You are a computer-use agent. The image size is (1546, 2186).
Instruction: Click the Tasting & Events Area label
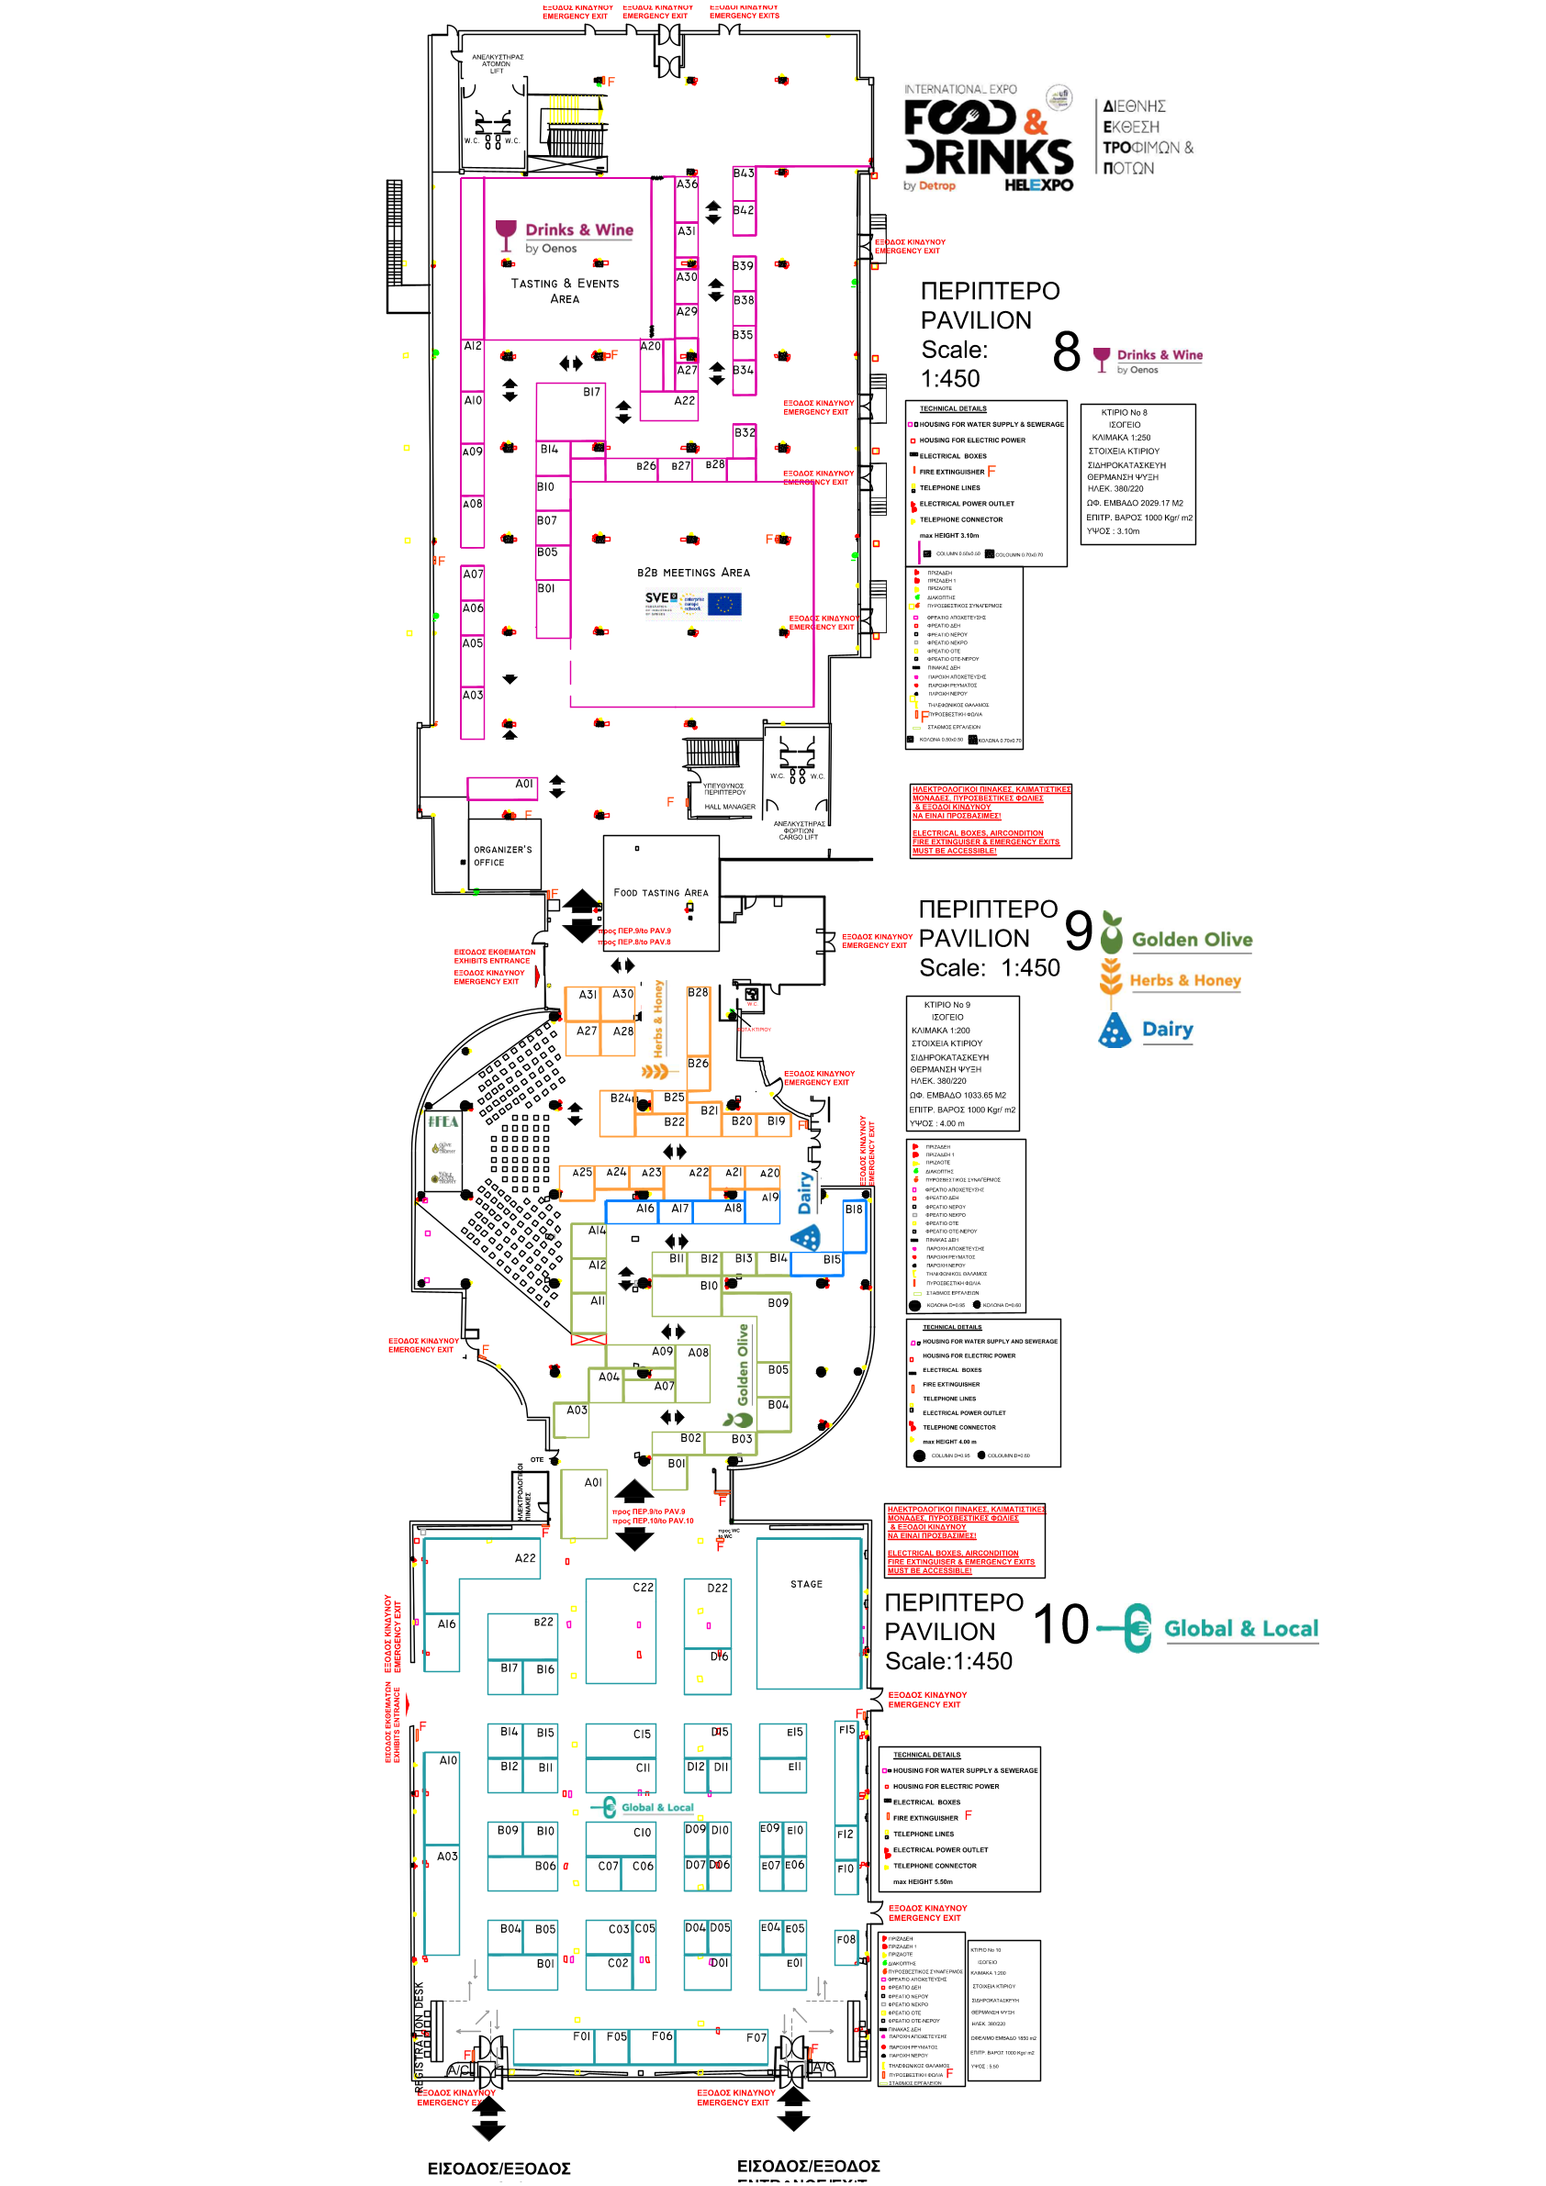pyautogui.click(x=565, y=290)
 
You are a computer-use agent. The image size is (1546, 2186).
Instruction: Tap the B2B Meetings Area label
pyautogui.click(x=693, y=573)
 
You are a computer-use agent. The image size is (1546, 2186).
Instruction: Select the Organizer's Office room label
pyautogui.click(x=502, y=855)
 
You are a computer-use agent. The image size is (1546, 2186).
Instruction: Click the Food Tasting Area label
pyautogui.click(x=661, y=892)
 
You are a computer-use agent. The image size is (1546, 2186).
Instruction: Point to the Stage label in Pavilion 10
pyautogui.click(x=806, y=1584)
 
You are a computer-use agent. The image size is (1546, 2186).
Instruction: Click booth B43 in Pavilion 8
pyautogui.click(x=743, y=173)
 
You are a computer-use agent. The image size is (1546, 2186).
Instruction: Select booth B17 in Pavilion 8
pyautogui.click(x=591, y=391)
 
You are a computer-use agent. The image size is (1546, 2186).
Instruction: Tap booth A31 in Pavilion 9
pyautogui.click(x=588, y=994)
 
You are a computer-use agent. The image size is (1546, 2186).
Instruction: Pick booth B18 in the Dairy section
pyautogui.click(x=854, y=1210)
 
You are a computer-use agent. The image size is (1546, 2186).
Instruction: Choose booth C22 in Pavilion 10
pyautogui.click(x=643, y=1587)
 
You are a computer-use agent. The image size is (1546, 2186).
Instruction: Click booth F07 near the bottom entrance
pyautogui.click(x=756, y=2037)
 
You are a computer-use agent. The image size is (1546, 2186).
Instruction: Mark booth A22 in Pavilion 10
pyautogui.click(x=525, y=1558)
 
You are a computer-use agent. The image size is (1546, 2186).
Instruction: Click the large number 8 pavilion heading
pyautogui.click(x=1066, y=351)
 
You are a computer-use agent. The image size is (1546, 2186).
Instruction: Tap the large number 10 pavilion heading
pyautogui.click(x=1060, y=1624)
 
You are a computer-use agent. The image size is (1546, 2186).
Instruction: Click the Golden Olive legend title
pyautogui.click(x=1192, y=940)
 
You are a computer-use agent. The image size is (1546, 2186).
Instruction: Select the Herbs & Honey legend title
pyautogui.click(x=1185, y=981)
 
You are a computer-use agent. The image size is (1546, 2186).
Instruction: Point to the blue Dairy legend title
pyautogui.click(x=1167, y=1029)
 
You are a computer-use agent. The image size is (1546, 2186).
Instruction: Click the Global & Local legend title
pyautogui.click(x=1240, y=1628)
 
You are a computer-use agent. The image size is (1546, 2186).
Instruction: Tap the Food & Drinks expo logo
pyautogui.click(x=988, y=140)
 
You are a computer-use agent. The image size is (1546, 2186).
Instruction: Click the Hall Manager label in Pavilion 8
pyautogui.click(x=730, y=807)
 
